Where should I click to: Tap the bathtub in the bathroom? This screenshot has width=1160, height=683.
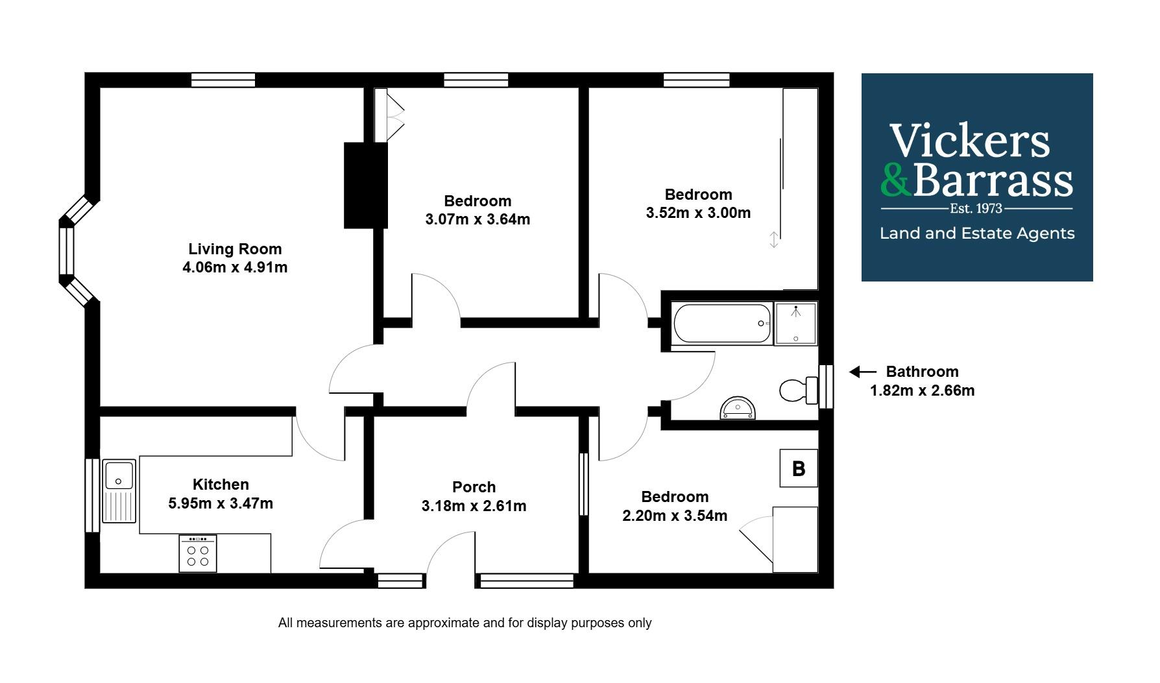[x=722, y=324]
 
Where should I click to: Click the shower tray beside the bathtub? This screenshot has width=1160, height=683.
[x=796, y=324]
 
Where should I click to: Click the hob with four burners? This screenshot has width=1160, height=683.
[x=198, y=554]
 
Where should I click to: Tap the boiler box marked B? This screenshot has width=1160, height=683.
[x=799, y=468]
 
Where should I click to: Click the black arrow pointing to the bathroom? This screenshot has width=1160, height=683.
[x=862, y=372]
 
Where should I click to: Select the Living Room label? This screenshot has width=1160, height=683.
[x=235, y=249]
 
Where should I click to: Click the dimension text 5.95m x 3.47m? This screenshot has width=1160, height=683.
[x=221, y=503]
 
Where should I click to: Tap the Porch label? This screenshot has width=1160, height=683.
[x=474, y=487]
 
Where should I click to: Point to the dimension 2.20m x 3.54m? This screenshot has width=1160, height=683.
[x=675, y=516]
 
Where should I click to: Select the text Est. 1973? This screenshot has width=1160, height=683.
[x=976, y=209]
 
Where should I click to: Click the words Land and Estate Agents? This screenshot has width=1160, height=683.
[x=976, y=234]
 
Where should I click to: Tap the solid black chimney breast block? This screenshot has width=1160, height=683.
[x=365, y=186]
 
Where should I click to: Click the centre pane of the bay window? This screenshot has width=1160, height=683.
[x=67, y=251]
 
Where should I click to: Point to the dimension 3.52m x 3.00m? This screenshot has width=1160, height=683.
[x=698, y=213]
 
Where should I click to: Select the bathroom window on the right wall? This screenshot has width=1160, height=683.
[x=826, y=387]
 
